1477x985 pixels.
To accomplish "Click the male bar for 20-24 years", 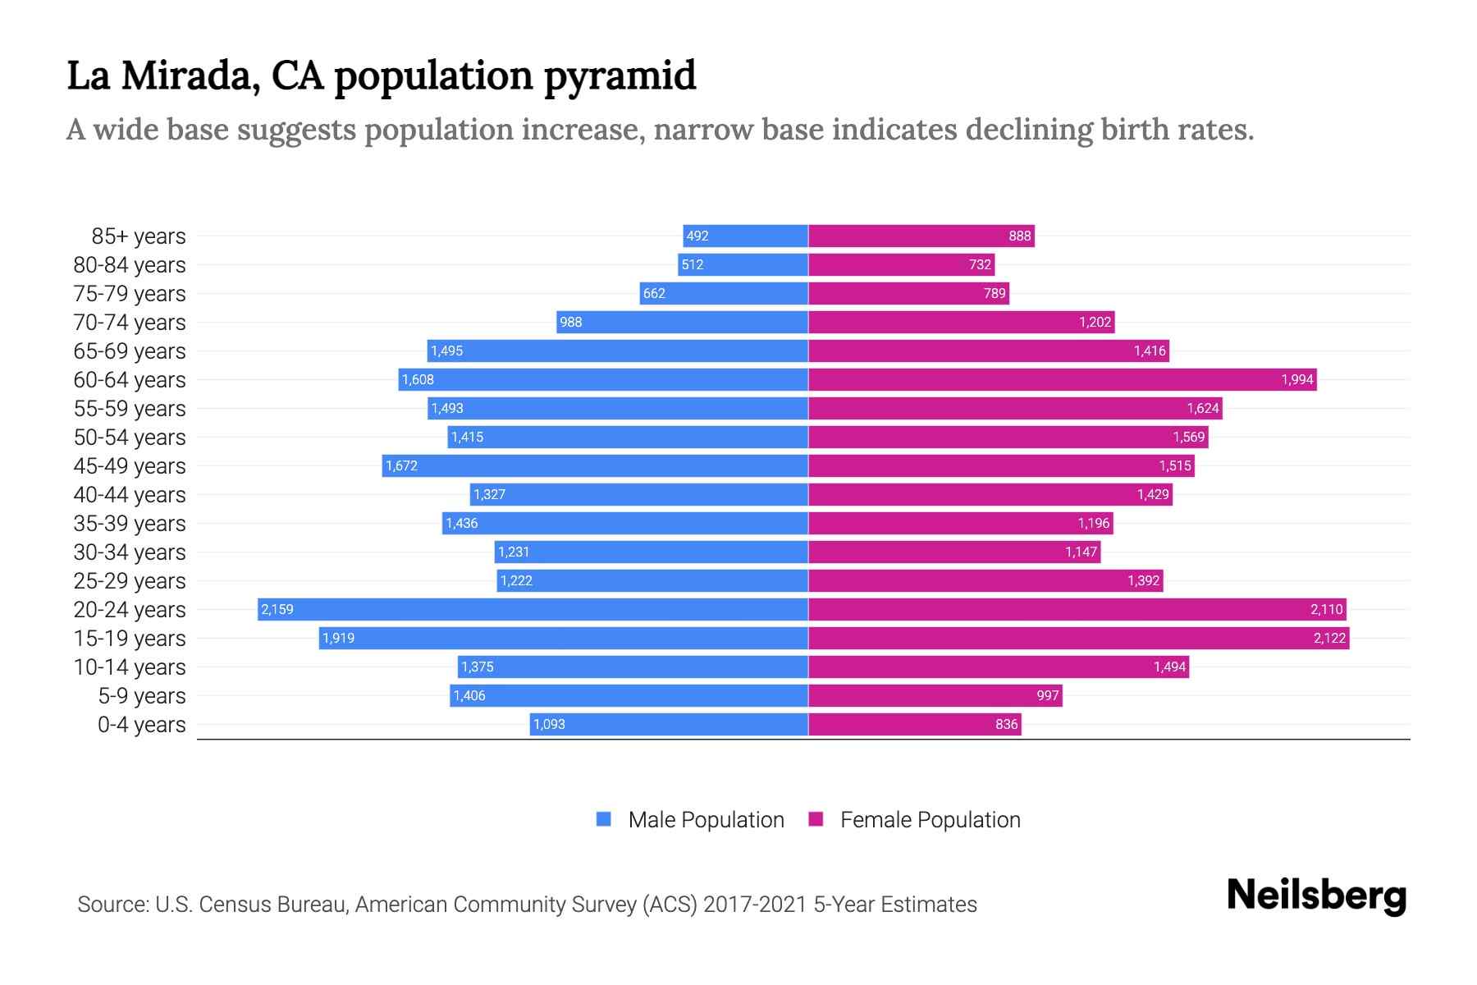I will coord(533,609).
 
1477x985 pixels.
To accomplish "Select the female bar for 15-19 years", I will coord(1078,638).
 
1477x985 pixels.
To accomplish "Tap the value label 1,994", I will coord(1296,379).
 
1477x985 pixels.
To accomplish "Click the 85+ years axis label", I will coord(139,236).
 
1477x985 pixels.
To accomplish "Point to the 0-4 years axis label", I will coord(142,725).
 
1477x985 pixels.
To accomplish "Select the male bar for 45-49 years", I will coord(595,465).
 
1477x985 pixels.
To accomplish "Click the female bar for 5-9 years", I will coord(935,695).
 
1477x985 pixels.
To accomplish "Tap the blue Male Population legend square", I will coord(604,819).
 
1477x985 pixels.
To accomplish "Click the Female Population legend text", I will coord(930,820).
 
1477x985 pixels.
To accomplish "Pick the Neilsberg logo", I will coord(1316,896).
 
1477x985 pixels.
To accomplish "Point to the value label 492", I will coord(697,236).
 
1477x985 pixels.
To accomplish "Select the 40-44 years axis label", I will coord(130,495).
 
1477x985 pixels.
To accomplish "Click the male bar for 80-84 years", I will coord(743,264).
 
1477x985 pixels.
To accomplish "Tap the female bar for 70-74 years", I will coord(961,322).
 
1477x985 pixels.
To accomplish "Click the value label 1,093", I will coord(549,725).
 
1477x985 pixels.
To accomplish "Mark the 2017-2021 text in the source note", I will coord(754,905).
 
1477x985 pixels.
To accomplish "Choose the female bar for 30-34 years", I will coord(954,552).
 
